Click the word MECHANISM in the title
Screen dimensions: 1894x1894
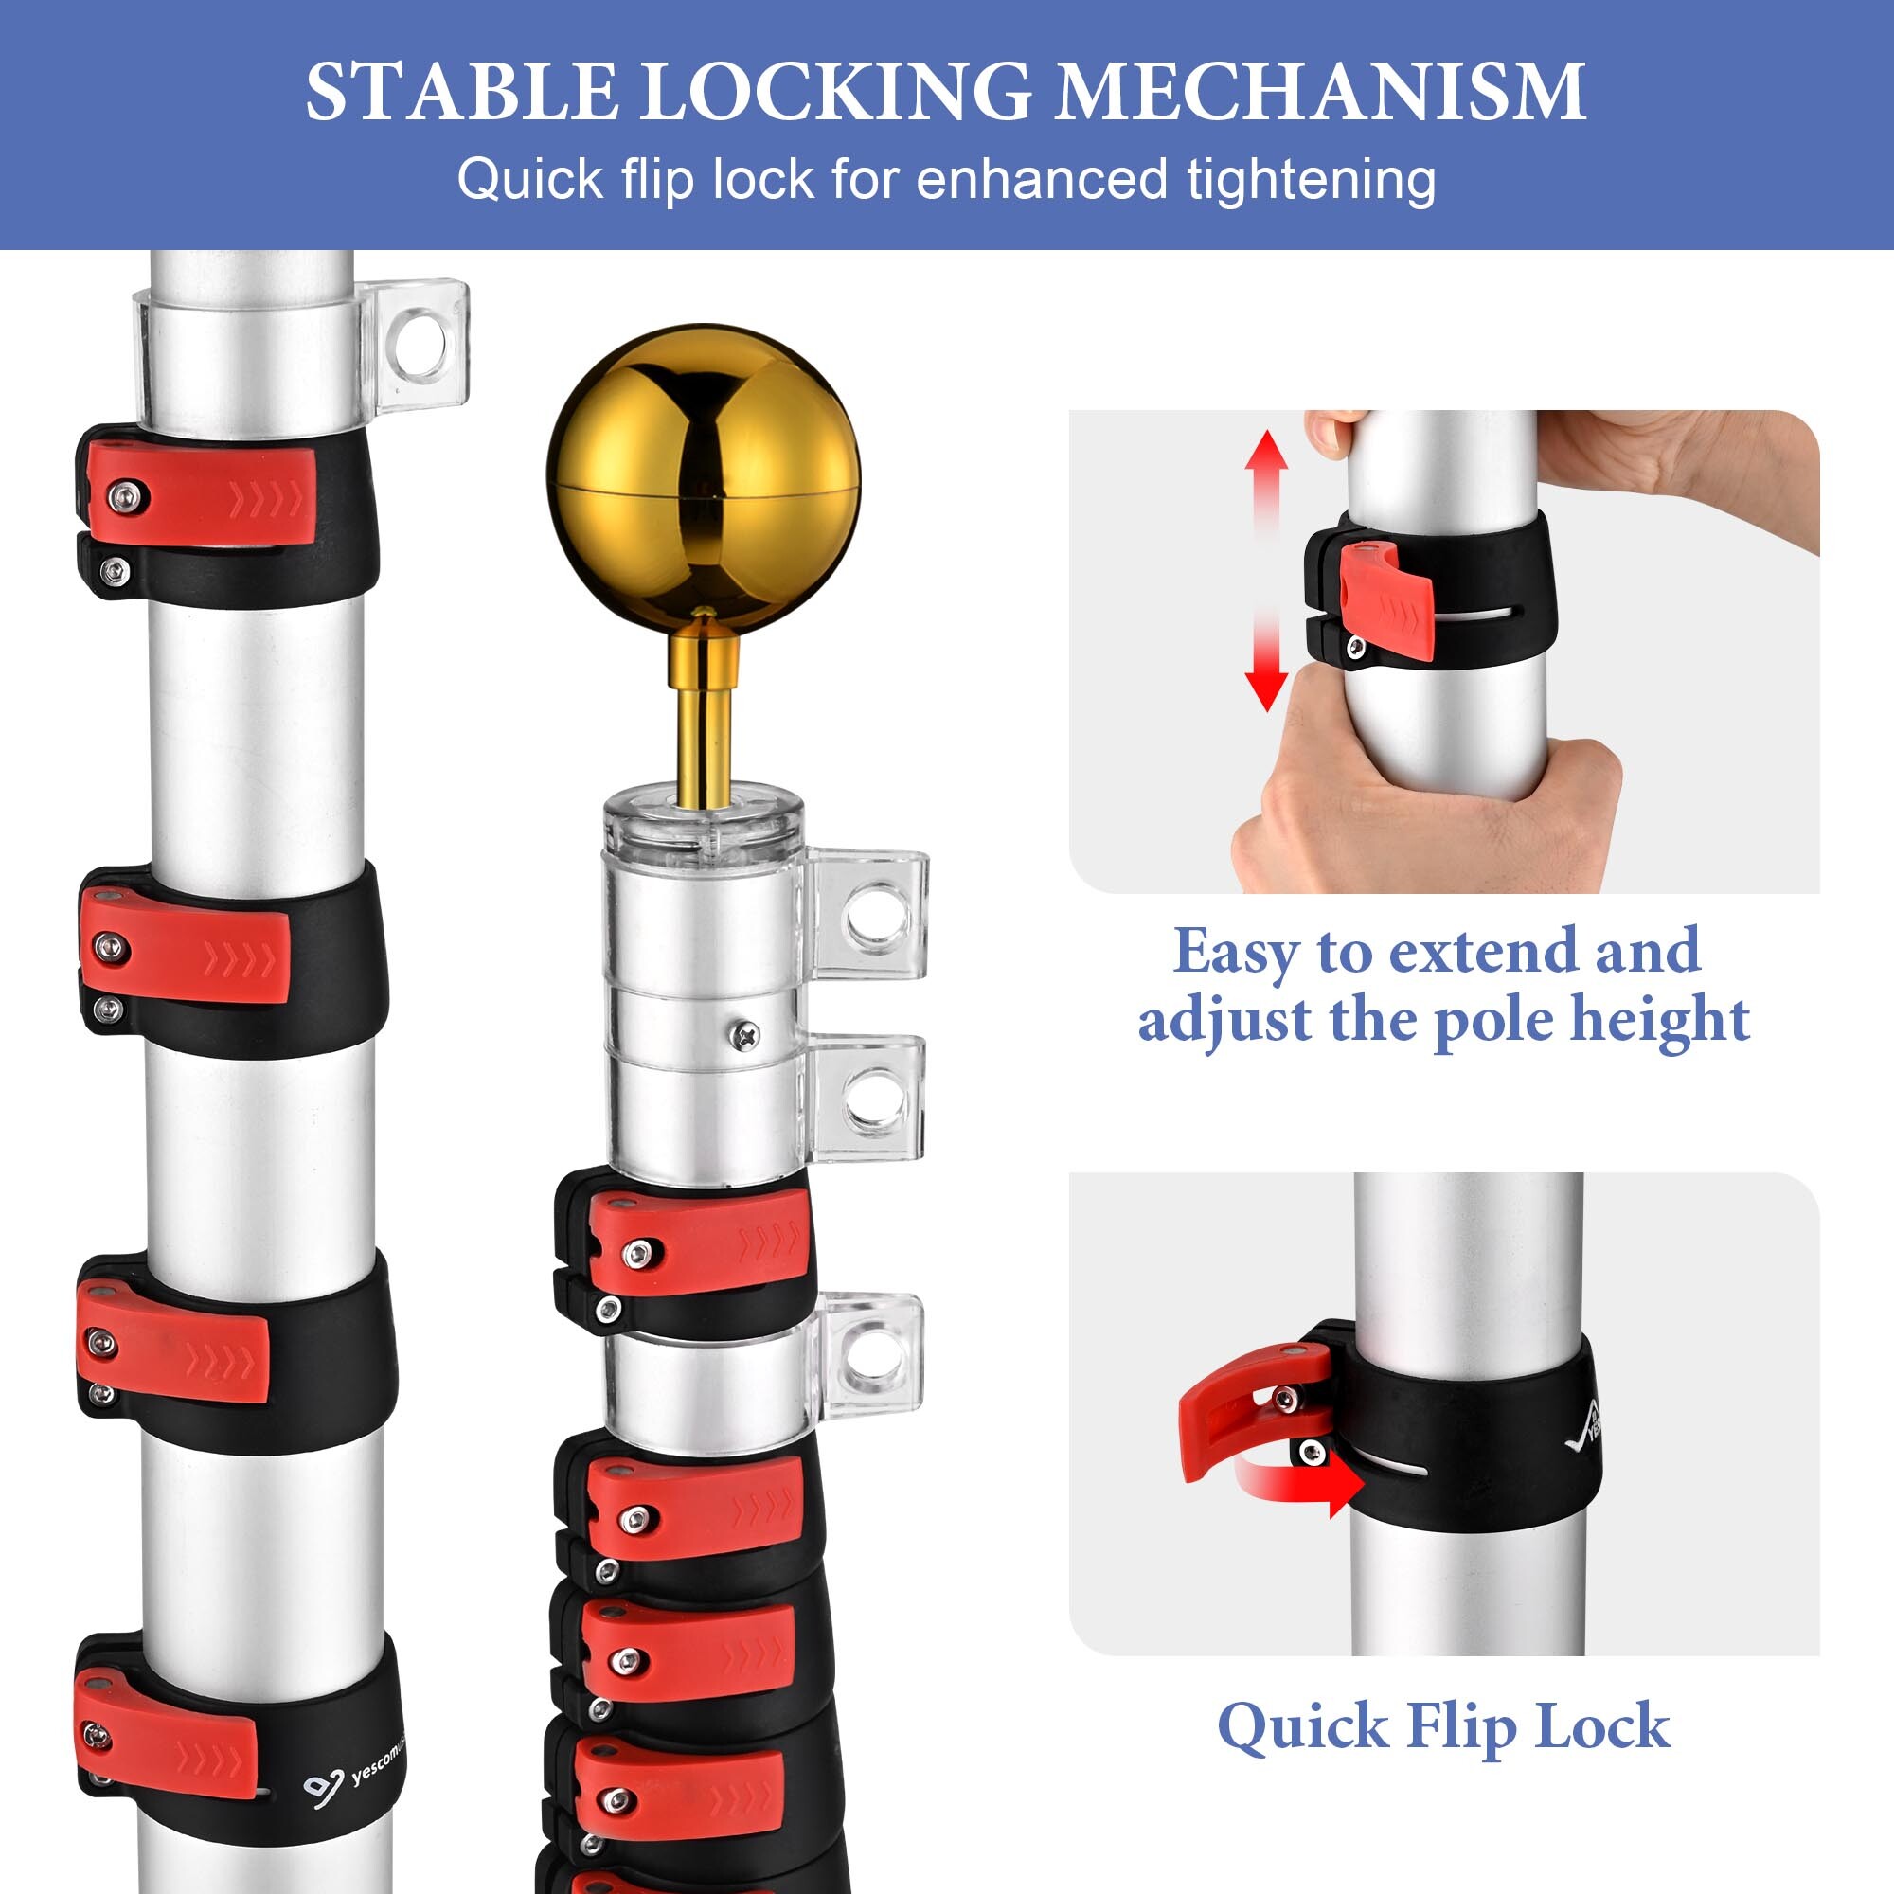point(1319,92)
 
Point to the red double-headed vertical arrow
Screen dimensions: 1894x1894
point(1265,569)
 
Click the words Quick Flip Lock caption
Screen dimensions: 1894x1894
point(1443,1726)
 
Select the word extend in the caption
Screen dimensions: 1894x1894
point(1485,951)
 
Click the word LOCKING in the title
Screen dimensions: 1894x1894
point(835,92)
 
